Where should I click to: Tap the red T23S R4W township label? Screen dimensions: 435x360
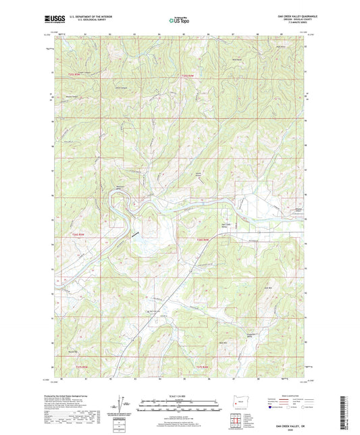(x=192, y=76)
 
